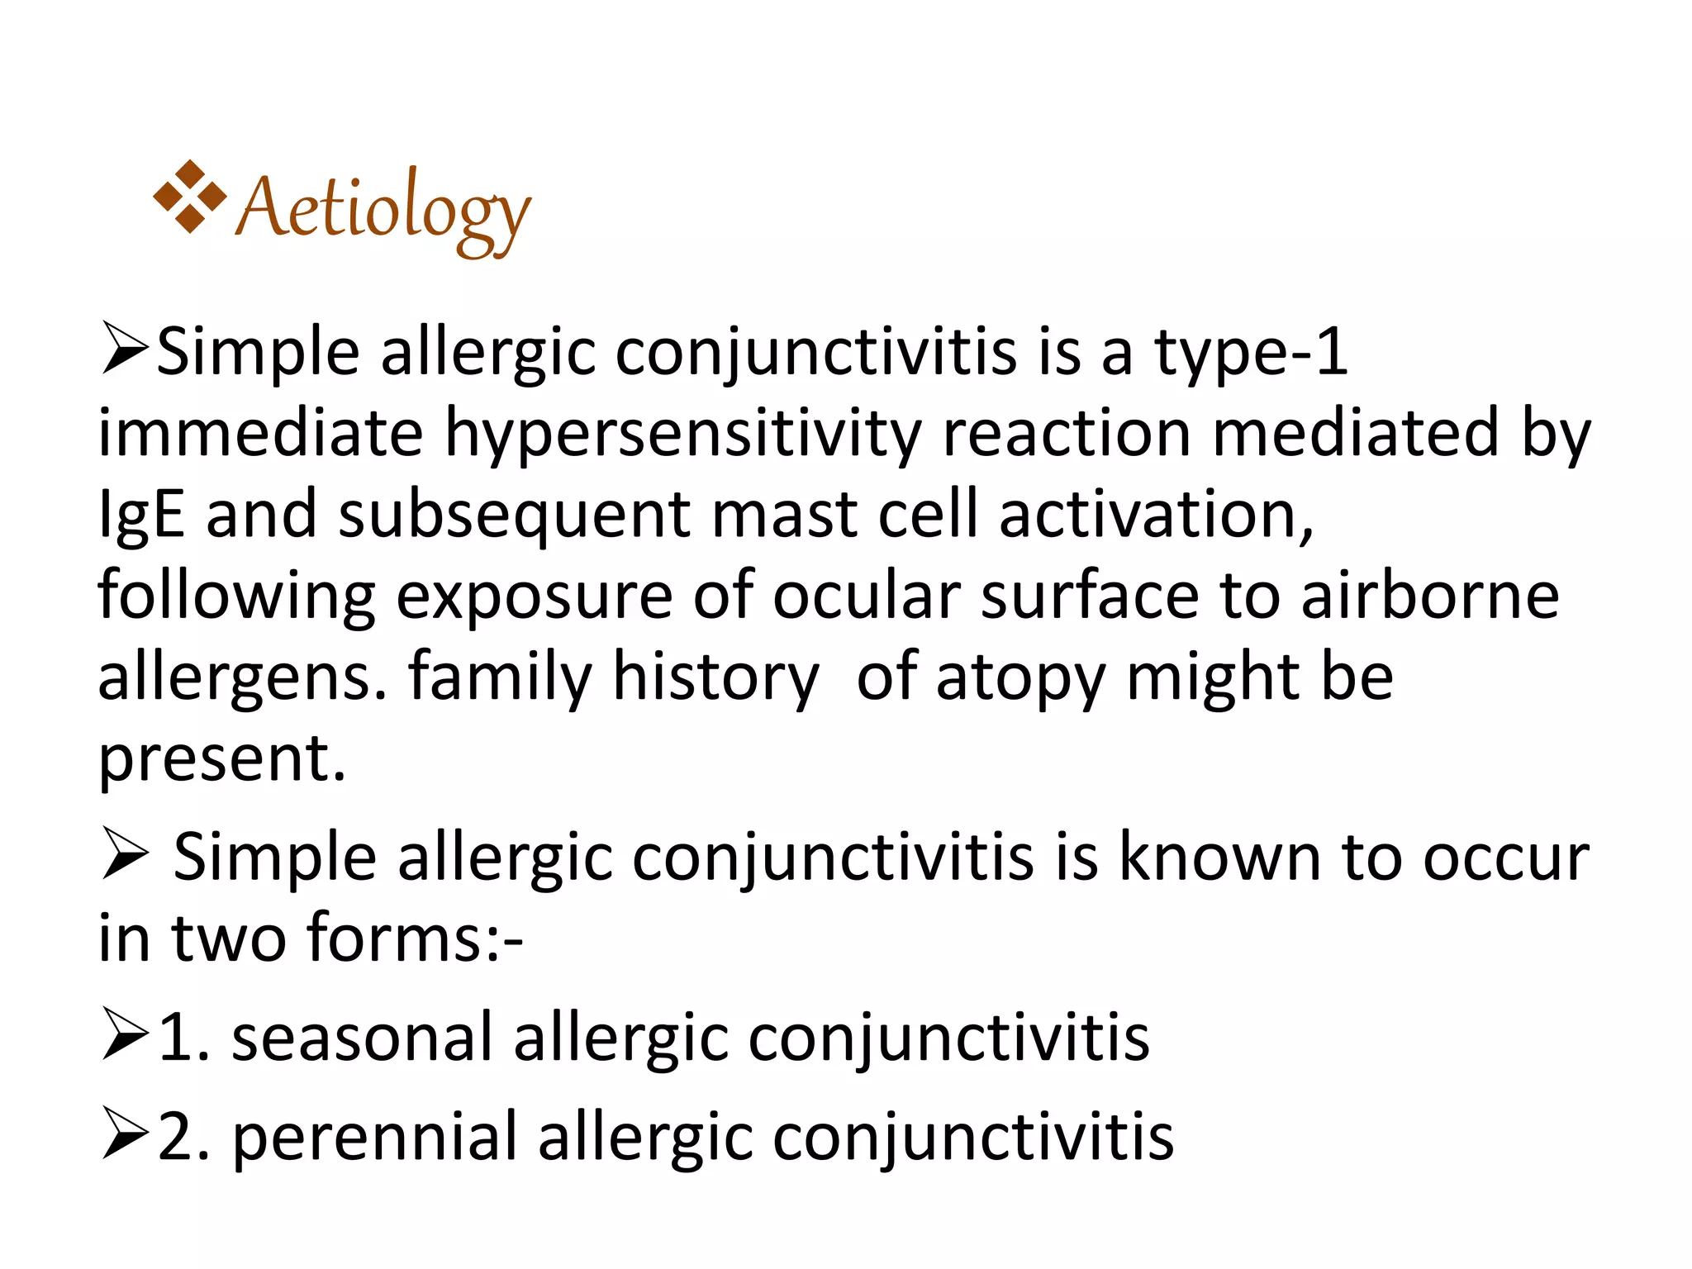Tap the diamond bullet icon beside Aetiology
click(x=189, y=197)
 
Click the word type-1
click(x=1251, y=353)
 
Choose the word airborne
click(x=1430, y=595)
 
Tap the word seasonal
click(x=362, y=1037)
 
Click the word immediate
click(x=260, y=433)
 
